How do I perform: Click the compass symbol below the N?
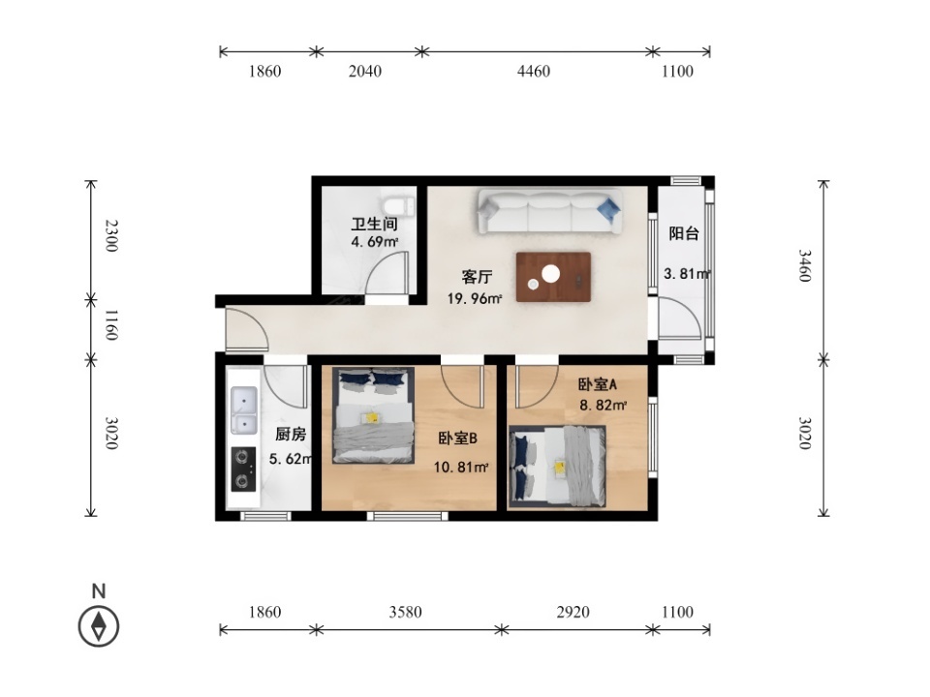(99, 626)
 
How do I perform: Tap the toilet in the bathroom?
(398, 204)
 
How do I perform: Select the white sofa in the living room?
(550, 212)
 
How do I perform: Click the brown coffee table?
(553, 277)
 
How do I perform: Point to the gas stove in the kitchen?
(243, 469)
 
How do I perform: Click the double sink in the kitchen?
(244, 410)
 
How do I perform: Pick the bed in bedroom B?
(373, 415)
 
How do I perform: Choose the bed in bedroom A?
(558, 467)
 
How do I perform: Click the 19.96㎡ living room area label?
(475, 299)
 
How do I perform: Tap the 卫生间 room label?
(374, 224)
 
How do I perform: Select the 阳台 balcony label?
(684, 233)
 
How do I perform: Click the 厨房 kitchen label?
(291, 435)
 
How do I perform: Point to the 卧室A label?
(598, 384)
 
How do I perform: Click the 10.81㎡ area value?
(461, 467)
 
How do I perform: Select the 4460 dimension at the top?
(534, 71)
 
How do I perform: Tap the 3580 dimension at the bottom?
(406, 612)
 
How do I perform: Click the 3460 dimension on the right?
(804, 265)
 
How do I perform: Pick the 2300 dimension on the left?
(110, 235)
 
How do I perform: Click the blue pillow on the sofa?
(609, 209)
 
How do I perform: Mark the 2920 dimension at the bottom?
(573, 612)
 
